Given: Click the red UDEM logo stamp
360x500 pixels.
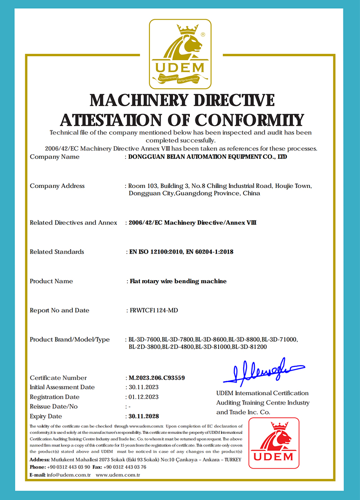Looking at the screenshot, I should click(274, 443).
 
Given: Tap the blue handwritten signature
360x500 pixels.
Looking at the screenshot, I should click(263, 371).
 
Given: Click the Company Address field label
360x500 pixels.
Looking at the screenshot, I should click(57, 186).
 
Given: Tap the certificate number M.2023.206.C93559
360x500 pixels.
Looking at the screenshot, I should click(157, 378).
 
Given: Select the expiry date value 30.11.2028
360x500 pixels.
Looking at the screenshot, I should click(144, 416).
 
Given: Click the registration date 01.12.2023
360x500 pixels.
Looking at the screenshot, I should click(144, 397).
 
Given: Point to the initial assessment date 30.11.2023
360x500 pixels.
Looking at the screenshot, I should click(144, 387).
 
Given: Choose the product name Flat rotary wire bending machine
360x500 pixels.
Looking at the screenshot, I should click(178, 281).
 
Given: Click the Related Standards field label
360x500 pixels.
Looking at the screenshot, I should click(57, 252).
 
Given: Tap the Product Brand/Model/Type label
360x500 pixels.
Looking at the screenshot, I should click(70, 339).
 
